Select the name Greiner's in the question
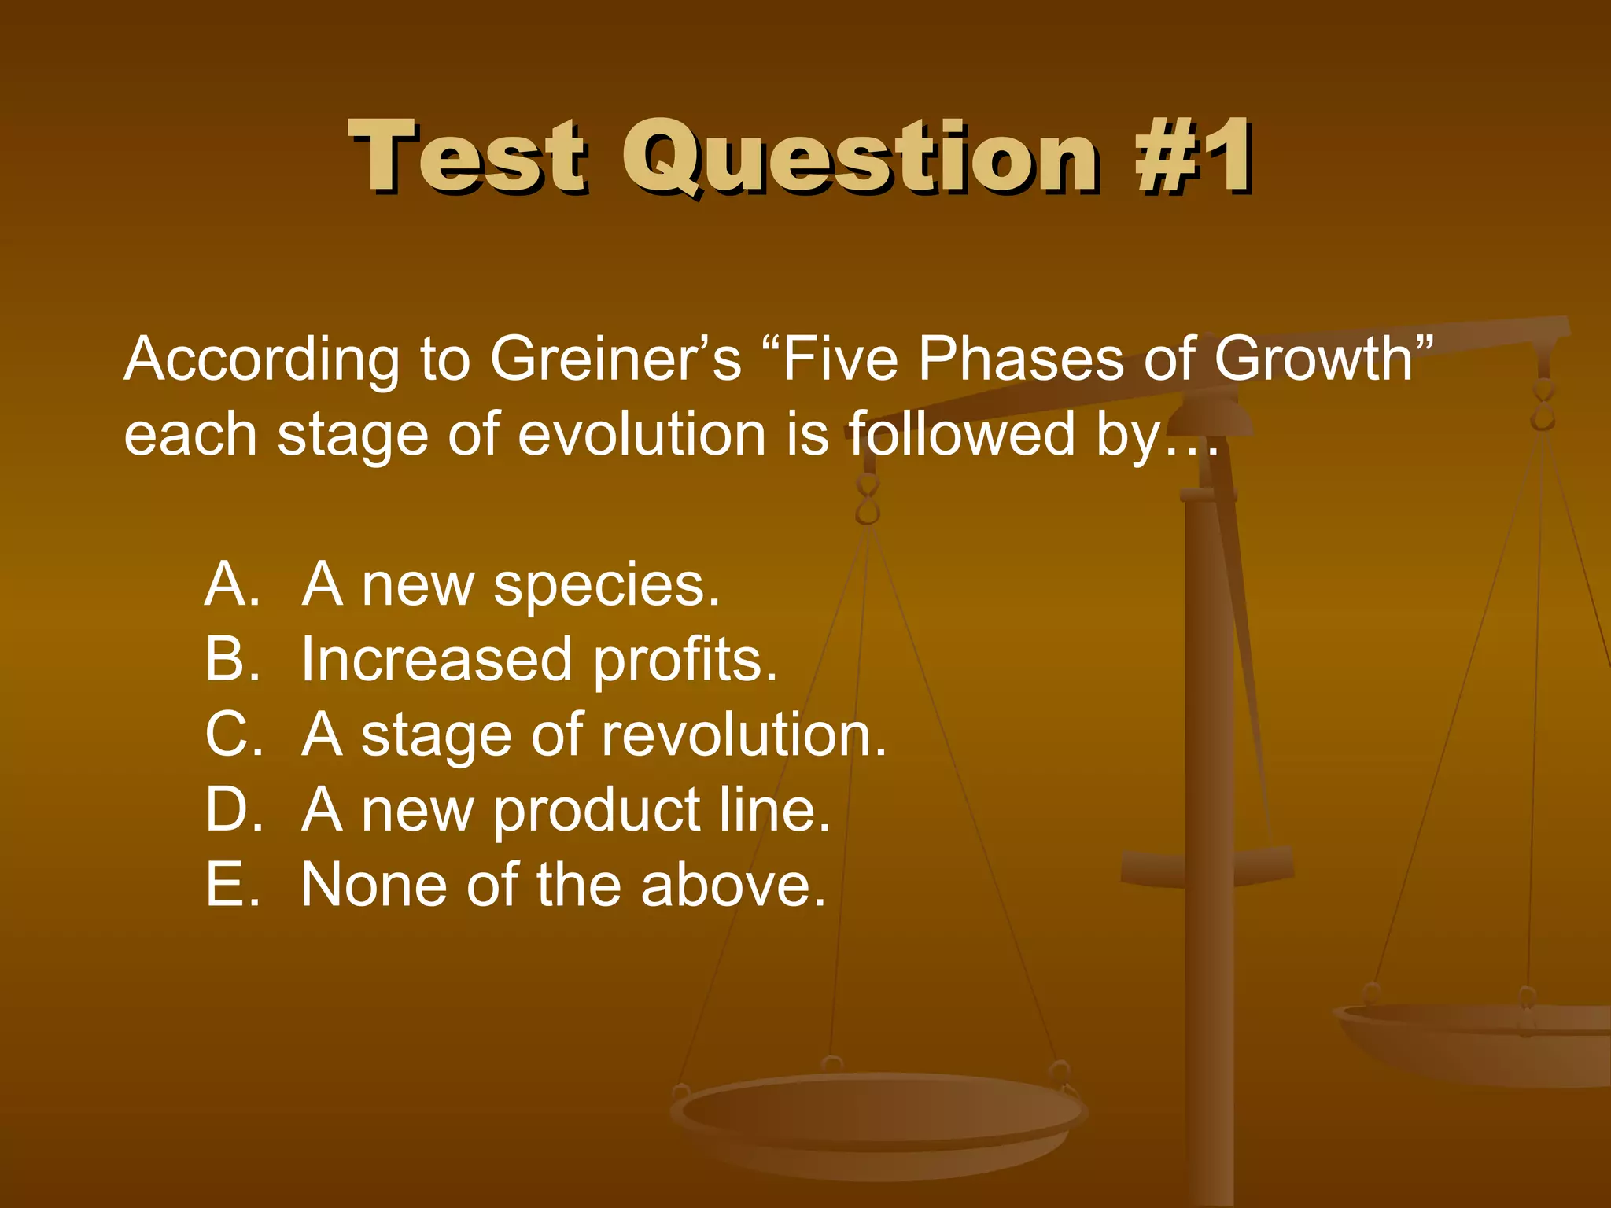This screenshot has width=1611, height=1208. pos(615,359)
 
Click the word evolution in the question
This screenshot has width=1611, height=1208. pos(641,434)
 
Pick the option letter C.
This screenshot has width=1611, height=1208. pos(232,735)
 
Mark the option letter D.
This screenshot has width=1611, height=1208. pos(232,809)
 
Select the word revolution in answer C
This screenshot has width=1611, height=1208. pos(743,735)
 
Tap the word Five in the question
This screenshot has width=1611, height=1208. pos(839,359)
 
